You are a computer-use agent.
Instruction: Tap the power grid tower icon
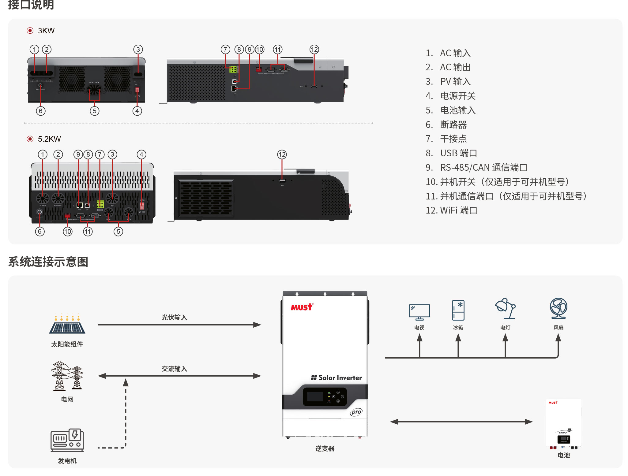[67, 376]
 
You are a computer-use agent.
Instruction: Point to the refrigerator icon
[458, 310]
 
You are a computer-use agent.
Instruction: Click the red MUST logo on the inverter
[302, 307]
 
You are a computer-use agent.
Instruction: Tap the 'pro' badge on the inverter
[356, 412]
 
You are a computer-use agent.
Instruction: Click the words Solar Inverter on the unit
[337, 378]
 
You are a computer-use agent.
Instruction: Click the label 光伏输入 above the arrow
[174, 318]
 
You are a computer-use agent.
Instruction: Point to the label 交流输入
[174, 369]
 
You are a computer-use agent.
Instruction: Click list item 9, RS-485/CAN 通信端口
[476, 168]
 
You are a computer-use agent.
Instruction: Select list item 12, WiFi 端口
[452, 210]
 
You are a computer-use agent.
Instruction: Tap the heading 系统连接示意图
[48, 262]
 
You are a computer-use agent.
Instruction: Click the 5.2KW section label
[49, 139]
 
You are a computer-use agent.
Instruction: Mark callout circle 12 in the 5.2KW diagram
[282, 154]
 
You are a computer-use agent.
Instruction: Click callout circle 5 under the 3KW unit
[95, 111]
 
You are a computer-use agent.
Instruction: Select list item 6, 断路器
[446, 125]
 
